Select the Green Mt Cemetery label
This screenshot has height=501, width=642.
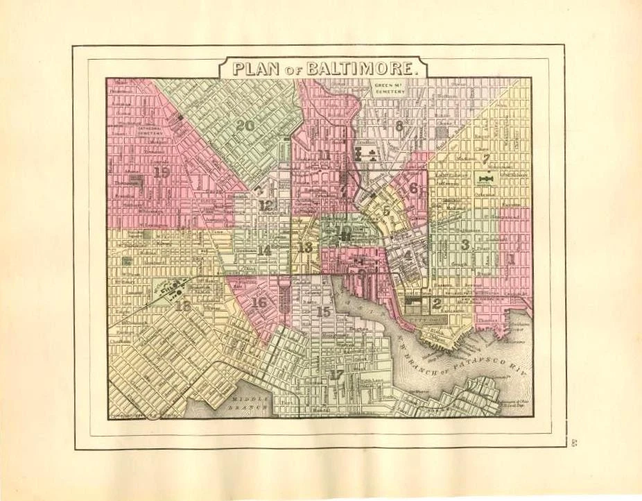389,90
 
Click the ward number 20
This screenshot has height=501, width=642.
245,126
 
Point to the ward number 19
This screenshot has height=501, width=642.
162,172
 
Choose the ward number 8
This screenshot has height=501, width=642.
399,126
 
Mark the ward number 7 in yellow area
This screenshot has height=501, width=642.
487,159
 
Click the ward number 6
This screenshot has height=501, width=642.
414,187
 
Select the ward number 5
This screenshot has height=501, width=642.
385,212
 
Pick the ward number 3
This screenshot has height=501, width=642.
465,244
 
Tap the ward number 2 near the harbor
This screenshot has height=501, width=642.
437,303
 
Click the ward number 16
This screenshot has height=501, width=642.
260,303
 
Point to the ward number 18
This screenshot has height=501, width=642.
183,305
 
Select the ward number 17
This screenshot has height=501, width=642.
337,375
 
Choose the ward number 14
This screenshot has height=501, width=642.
264,250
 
